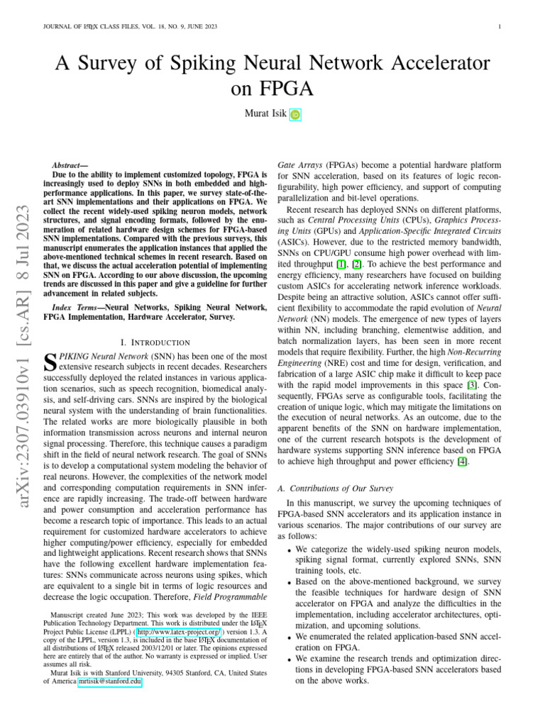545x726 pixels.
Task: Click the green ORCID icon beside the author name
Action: tap(295, 115)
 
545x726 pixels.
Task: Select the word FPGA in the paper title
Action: tap(272, 90)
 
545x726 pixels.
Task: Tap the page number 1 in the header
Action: tap(500, 28)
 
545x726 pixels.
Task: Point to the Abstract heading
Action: tap(70, 164)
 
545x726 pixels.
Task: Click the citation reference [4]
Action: tap(462, 461)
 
